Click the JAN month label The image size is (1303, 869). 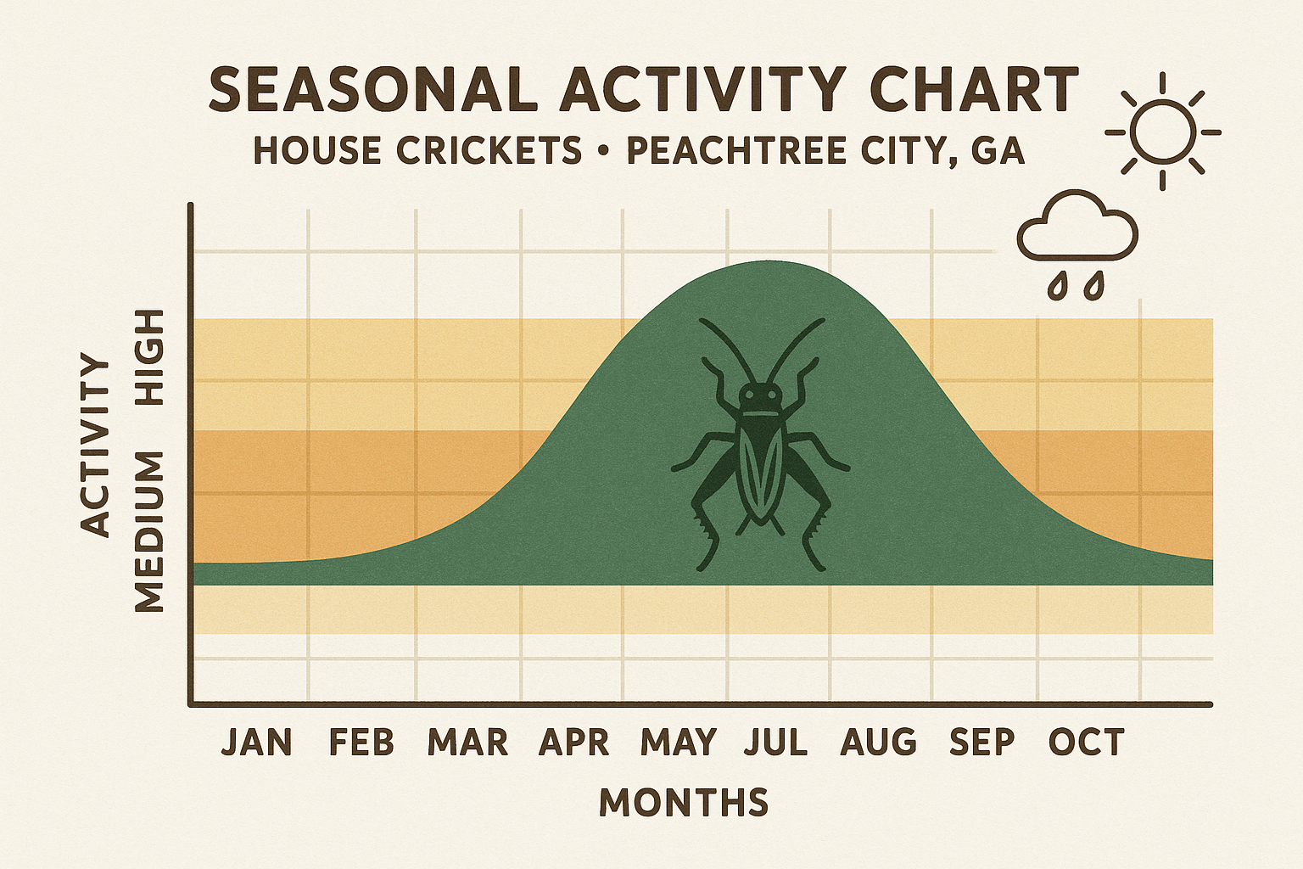[x=256, y=743]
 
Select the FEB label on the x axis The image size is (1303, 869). [x=361, y=743]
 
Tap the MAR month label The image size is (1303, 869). [x=467, y=743]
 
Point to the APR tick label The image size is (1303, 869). [x=574, y=743]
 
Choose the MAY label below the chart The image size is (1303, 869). [x=679, y=743]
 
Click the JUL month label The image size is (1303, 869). [x=775, y=743]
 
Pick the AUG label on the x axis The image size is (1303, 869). [x=879, y=743]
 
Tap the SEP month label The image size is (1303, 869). [x=982, y=743]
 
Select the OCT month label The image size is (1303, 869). [x=1086, y=743]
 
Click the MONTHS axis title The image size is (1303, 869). [x=684, y=802]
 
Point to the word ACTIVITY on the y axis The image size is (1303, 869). [x=96, y=446]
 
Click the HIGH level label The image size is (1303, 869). [x=150, y=356]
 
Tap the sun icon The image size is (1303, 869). [x=1162, y=132]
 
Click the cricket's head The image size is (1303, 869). [x=759, y=396]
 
